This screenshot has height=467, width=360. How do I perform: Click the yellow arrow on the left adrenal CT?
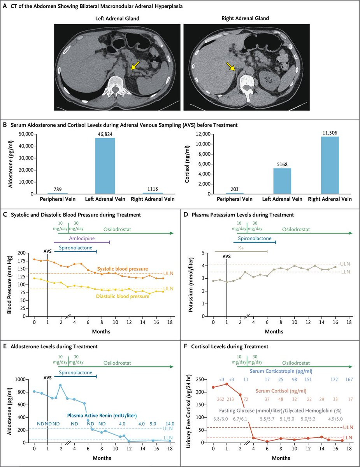(x=135, y=68)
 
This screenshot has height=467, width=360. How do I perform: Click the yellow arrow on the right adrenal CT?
(x=231, y=68)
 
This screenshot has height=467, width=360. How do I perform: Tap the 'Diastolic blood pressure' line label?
(x=123, y=296)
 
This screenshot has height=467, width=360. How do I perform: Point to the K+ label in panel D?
(x=241, y=248)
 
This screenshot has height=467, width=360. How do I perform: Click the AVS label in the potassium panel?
(x=226, y=256)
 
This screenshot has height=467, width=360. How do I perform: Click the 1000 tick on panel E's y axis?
(x=25, y=379)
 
